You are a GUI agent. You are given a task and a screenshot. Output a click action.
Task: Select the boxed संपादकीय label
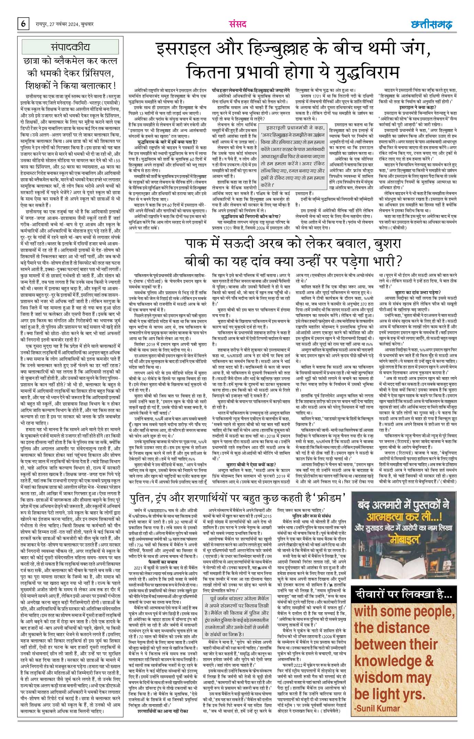coord(70,46)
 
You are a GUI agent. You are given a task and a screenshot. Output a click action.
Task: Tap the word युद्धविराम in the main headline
coord(363,72)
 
